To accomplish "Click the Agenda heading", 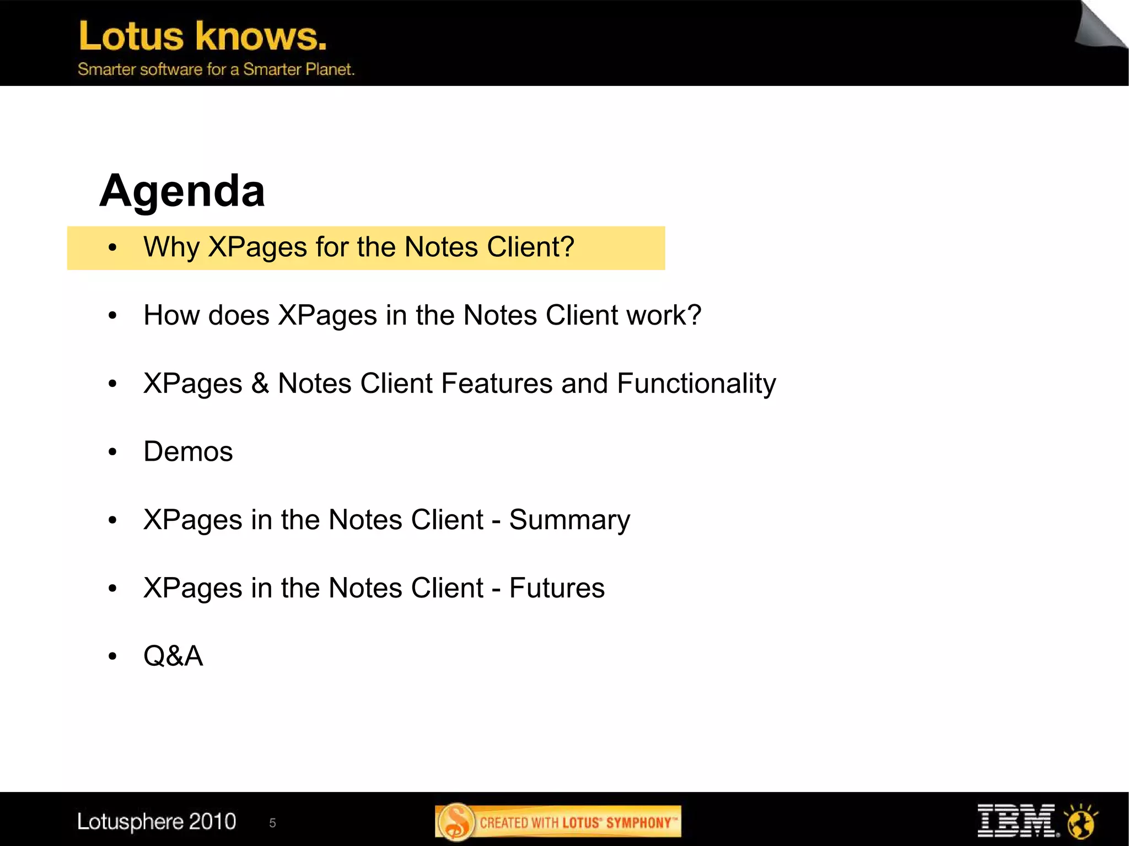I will pyautogui.click(x=182, y=191).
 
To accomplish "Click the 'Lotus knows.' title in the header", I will pyautogui.click(x=203, y=36).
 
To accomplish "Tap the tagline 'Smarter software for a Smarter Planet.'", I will pyautogui.click(x=216, y=69).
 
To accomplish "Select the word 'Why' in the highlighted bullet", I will pyautogui.click(x=171, y=247).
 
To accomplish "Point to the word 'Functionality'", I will pyautogui.click(x=696, y=384).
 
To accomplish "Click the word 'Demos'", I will pyautogui.click(x=188, y=452).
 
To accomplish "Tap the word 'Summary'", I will pyautogui.click(x=569, y=520).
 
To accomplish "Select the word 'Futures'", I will pyautogui.click(x=557, y=588).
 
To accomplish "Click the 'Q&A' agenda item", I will pyautogui.click(x=173, y=656).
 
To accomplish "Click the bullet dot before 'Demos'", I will pyautogui.click(x=113, y=452).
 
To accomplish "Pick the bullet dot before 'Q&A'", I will pyautogui.click(x=113, y=656).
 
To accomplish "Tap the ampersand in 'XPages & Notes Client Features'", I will pyautogui.click(x=260, y=384).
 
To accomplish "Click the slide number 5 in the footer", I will pyautogui.click(x=272, y=823).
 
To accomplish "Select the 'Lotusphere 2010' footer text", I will pyautogui.click(x=157, y=822).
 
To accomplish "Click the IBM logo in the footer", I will pyautogui.click(x=1017, y=821).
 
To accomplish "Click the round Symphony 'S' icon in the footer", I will pyautogui.click(x=456, y=822).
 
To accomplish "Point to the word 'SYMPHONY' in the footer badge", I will pyautogui.click(x=638, y=823).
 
